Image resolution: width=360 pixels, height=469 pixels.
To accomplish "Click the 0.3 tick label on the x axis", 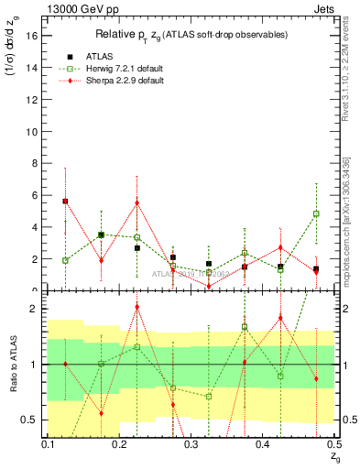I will point(191,444).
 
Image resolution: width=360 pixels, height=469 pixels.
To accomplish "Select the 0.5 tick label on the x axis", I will point(333,444).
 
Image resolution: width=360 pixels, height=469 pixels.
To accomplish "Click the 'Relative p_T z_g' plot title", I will point(183,34).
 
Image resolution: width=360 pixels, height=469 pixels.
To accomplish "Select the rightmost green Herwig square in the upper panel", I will point(316,213).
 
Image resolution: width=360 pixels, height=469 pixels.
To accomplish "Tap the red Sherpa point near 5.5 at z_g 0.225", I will point(136,202).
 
